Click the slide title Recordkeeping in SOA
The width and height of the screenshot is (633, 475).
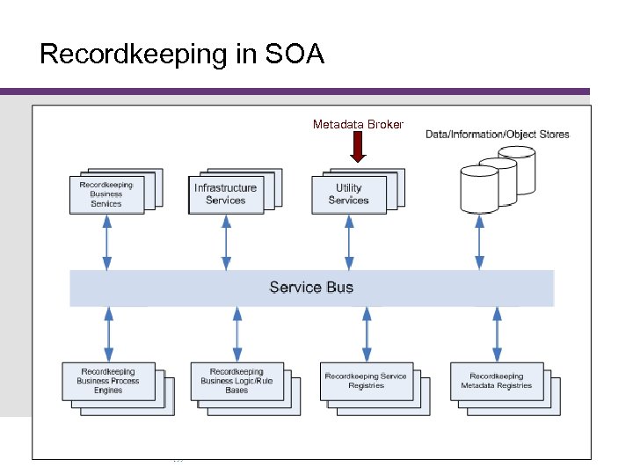click(182, 55)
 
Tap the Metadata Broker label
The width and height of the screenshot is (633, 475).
click(358, 125)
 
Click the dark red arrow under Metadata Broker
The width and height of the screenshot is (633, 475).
click(357, 147)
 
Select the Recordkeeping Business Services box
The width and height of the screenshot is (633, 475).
click(106, 194)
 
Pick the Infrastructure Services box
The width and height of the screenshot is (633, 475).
click(226, 194)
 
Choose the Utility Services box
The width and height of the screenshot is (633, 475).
click(349, 194)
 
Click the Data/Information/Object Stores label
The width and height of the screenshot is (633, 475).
click(498, 135)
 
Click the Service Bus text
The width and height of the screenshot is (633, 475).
click(311, 288)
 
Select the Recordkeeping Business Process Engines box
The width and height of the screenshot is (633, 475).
click(108, 381)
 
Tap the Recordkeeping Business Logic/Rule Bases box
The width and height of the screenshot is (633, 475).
click(236, 381)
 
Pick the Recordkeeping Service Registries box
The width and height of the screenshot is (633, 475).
click(366, 381)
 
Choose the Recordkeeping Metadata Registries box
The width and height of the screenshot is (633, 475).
click(496, 381)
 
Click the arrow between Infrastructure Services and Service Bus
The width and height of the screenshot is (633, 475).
click(226, 242)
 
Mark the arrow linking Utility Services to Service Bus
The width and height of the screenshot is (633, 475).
click(349, 242)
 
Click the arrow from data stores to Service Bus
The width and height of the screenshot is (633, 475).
click(479, 242)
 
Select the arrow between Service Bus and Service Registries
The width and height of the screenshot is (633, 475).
click(367, 334)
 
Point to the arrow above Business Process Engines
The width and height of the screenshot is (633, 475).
click(108, 334)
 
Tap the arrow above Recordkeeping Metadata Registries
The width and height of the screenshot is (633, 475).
click(497, 334)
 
